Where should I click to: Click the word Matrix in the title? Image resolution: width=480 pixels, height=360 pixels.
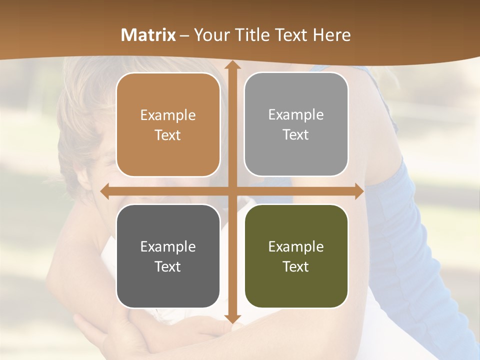click(x=148, y=35)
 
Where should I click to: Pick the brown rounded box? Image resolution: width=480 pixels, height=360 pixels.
click(x=168, y=125)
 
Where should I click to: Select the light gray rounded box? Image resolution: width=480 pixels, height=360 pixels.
click(x=296, y=124)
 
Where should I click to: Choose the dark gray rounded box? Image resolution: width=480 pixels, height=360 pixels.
click(x=168, y=256)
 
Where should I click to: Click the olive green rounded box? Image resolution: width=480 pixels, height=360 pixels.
click(x=296, y=256)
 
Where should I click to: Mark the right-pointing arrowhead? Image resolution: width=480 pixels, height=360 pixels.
click(x=359, y=191)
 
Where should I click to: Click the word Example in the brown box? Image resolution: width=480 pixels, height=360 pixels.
click(x=168, y=115)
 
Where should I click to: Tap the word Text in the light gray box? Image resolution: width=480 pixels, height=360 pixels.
click(x=296, y=135)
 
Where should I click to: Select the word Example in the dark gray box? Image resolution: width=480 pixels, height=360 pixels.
click(x=168, y=247)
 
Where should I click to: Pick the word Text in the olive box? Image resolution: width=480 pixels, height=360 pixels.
click(x=296, y=266)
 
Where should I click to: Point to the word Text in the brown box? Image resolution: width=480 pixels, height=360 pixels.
click(x=168, y=135)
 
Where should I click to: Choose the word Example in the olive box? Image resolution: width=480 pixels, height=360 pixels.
click(x=296, y=247)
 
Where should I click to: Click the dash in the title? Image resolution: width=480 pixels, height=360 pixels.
click(x=184, y=35)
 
